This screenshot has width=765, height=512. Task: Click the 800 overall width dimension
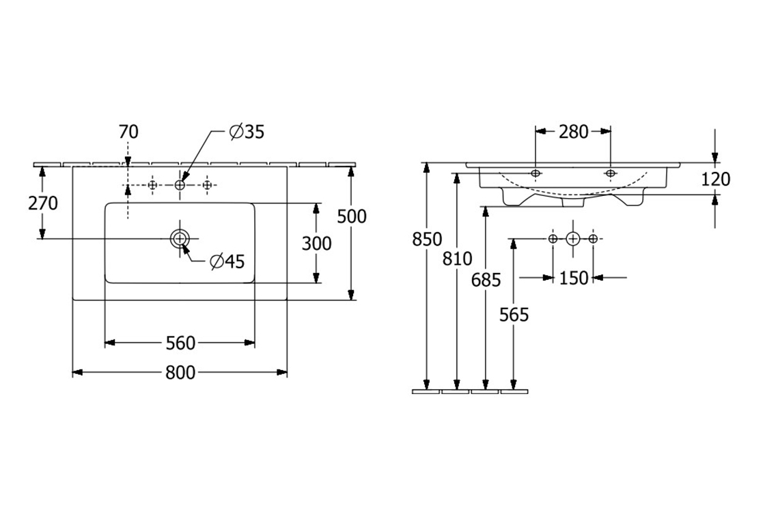[x=180, y=372]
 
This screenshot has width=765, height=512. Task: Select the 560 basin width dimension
[x=180, y=342]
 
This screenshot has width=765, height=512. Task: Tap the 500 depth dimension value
[x=352, y=216]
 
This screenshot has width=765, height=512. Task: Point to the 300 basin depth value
[x=316, y=243]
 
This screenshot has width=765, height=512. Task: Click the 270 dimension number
[x=43, y=203]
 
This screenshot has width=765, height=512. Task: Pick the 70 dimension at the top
[x=128, y=132]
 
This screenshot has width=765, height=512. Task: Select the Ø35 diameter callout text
[x=247, y=132]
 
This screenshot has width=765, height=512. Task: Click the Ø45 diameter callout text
[x=227, y=261]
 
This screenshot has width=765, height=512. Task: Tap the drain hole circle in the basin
[x=180, y=238]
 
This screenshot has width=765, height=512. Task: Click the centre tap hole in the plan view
[x=180, y=185]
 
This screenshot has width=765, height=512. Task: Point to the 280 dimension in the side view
[x=573, y=132]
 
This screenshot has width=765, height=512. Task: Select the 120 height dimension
[x=715, y=179]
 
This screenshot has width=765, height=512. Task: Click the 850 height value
[x=427, y=239]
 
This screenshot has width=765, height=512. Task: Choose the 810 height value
[x=457, y=259]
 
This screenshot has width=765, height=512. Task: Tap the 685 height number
[x=486, y=279]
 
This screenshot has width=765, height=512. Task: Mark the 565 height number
[x=514, y=314]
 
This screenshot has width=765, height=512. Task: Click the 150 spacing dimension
[x=573, y=278]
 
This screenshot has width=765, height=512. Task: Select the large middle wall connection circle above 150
[x=572, y=238]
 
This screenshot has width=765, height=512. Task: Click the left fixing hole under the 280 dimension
[x=535, y=173]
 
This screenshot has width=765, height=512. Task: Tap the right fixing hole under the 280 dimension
[x=610, y=173]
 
